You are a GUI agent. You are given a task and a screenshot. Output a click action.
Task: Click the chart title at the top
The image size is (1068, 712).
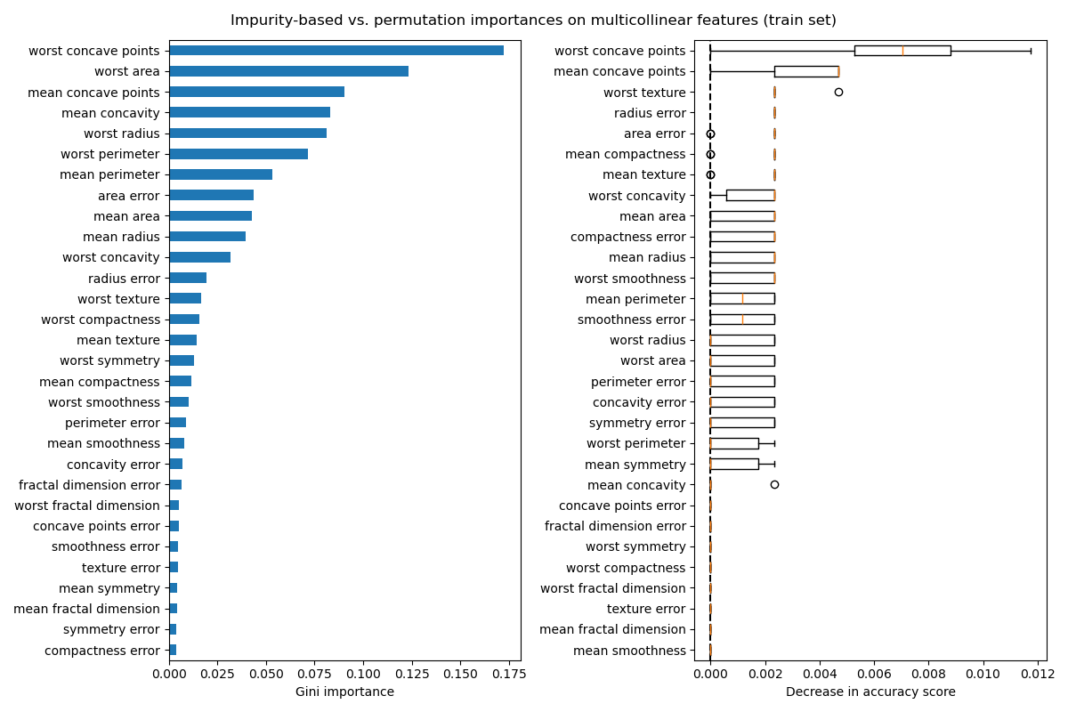[x=533, y=20]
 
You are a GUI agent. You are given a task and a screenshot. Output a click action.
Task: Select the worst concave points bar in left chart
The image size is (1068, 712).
[x=336, y=51]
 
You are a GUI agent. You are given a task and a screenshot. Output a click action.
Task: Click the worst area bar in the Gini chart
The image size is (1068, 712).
[x=288, y=71]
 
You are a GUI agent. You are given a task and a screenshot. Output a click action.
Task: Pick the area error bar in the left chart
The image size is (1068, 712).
[x=211, y=195]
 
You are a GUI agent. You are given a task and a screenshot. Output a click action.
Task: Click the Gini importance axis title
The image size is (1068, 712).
[x=344, y=692]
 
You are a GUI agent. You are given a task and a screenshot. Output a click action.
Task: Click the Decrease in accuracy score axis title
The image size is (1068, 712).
[x=870, y=692]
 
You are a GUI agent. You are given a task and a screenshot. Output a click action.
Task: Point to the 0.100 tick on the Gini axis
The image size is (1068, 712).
[x=363, y=674]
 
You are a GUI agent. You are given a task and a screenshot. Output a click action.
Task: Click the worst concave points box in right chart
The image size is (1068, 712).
[x=902, y=51]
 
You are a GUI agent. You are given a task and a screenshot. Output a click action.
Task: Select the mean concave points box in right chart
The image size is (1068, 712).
[x=806, y=71]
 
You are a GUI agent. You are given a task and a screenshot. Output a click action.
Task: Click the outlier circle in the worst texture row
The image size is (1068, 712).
[x=838, y=92]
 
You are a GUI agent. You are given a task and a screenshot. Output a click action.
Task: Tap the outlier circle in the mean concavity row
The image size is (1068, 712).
[x=774, y=484]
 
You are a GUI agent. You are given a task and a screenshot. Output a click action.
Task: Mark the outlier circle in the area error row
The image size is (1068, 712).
[x=710, y=133]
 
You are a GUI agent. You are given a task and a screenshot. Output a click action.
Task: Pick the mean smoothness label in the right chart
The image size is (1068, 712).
[x=629, y=651]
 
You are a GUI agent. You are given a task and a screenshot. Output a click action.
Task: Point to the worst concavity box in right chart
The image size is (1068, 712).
[x=750, y=195]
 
